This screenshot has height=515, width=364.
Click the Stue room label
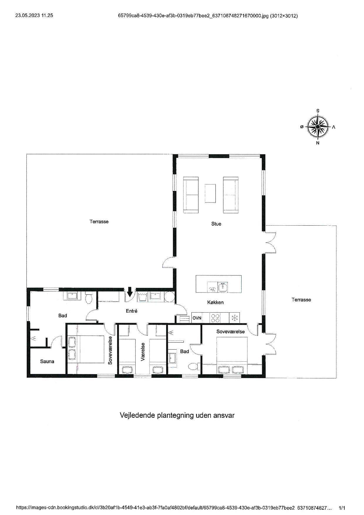click(x=216, y=224)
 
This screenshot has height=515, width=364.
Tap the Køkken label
click(x=215, y=302)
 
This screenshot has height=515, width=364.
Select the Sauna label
click(x=47, y=361)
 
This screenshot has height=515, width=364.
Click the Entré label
click(x=132, y=311)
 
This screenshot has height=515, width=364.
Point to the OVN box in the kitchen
click(x=197, y=318)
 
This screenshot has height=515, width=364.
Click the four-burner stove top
click(x=216, y=318)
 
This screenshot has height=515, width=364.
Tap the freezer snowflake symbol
click(x=234, y=318)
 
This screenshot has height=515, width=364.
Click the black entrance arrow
click(x=129, y=292)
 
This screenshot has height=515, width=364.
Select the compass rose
click(x=318, y=127)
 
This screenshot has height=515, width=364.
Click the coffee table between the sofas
click(x=210, y=193)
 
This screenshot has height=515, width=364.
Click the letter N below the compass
click(x=318, y=143)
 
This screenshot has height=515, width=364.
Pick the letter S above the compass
click(x=318, y=111)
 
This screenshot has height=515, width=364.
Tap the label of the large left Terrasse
click(x=99, y=222)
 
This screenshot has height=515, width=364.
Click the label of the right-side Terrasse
click(x=301, y=300)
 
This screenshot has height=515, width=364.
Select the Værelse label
click(x=143, y=352)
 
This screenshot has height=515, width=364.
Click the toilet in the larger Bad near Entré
click(x=88, y=298)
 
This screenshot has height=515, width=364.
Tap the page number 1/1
click(x=342, y=508)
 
